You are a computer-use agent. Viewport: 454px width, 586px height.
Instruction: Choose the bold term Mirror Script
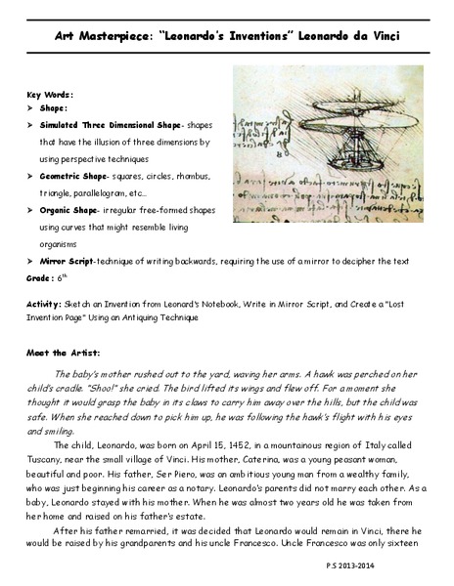(68, 261)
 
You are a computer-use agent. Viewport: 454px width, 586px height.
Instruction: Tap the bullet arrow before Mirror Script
(31, 261)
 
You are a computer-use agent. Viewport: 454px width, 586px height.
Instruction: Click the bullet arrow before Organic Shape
(31, 209)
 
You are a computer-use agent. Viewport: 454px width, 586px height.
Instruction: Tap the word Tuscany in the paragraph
(51, 457)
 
